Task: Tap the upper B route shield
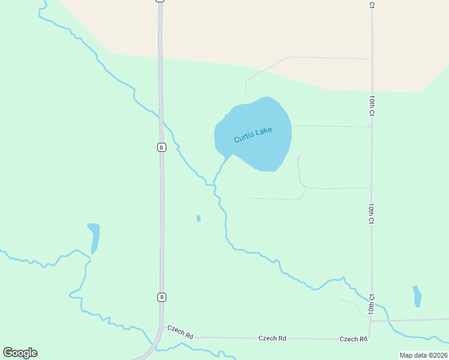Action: [161, 147]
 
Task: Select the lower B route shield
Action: [161, 297]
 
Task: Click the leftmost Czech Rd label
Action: [180, 332]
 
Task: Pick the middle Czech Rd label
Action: [272, 338]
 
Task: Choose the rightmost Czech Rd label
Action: [353, 339]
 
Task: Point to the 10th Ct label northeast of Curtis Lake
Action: [372, 105]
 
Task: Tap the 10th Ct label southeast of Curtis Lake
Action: [372, 214]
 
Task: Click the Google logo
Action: [20, 353]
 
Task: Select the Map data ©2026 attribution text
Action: [423, 355]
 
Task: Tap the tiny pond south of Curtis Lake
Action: [198, 218]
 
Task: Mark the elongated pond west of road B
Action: [94, 238]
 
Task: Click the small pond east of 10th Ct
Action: [417, 296]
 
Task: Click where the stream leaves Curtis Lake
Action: [227, 157]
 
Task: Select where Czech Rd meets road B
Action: [162, 327]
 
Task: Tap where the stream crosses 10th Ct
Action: [371, 299]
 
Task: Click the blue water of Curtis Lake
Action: [264, 150]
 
